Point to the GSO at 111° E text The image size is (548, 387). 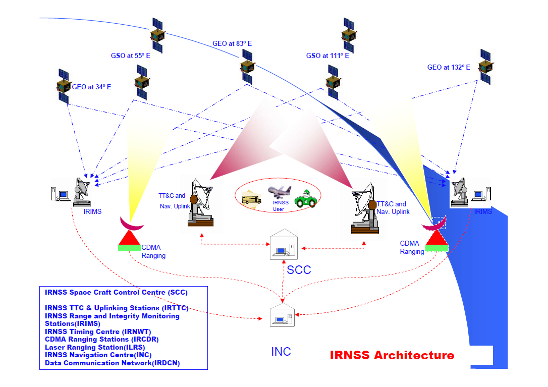[x=327, y=56]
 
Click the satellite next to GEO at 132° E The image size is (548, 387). [x=486, y=67]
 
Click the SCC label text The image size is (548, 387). [x=299, y=270]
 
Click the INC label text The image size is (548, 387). [x=281, y=352]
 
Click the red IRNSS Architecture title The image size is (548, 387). [x=392, y=355]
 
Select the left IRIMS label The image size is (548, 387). [x=92, y=211]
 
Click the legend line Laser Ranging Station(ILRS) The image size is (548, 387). [x=95, y=347]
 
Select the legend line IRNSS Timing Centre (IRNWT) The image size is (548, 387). [x=97, y=331]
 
